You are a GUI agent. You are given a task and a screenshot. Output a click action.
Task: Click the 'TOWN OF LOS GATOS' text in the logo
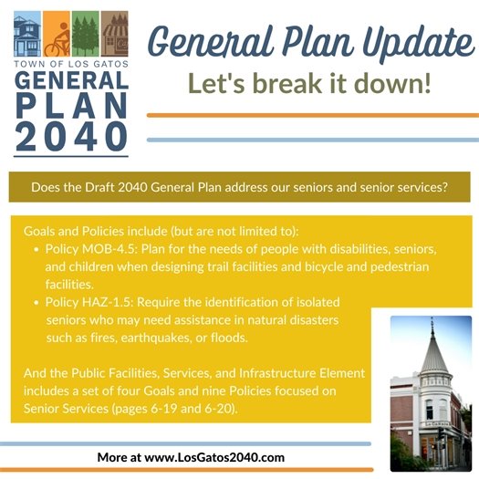click(x=70, y=65)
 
